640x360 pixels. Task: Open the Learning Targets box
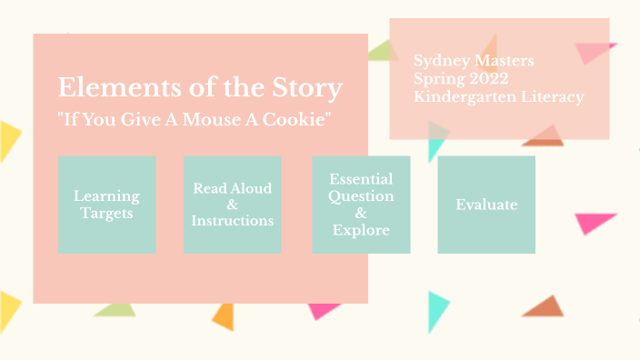(106, 205)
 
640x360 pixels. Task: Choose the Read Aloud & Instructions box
(232, 205)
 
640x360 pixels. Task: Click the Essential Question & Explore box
(361, 205)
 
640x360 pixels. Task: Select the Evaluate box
(486, 205)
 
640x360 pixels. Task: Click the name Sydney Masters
(474, 62)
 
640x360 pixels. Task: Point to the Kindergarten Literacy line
(498, 96)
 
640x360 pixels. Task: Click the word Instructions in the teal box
(232, 221)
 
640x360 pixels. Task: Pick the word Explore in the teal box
(361, 230)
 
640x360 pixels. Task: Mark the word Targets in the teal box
(106, 214)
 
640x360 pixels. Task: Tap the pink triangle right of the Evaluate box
(596, 222)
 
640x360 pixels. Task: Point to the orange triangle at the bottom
(224, 315)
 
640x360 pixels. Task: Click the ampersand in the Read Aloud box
(232, 205)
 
